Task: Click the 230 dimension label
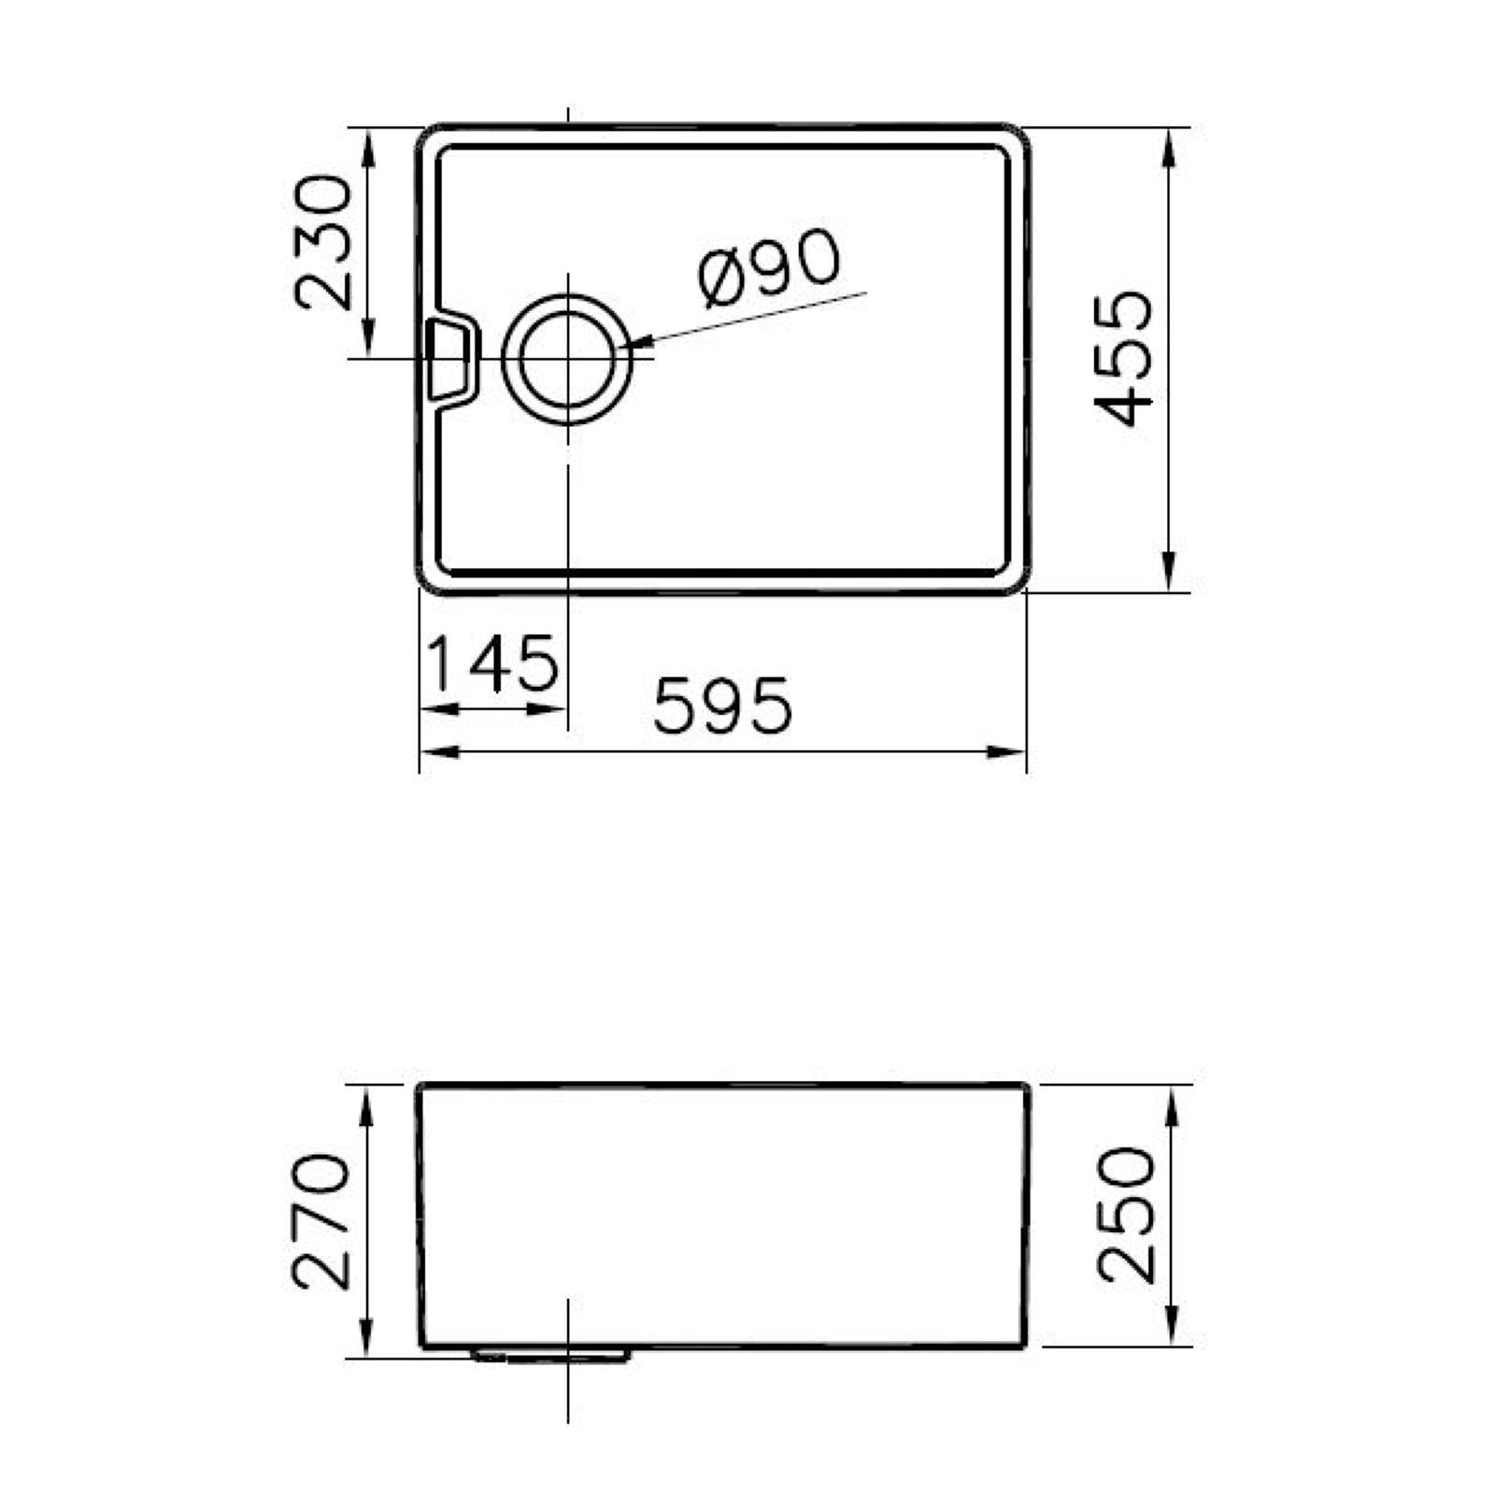coord(323,242)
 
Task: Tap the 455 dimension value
coord(1123,359)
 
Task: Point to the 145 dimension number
coord(492,662)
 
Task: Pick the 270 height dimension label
coord(321,1221)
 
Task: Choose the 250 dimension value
coord(1126,1215)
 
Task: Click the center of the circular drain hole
coord(567,360)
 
